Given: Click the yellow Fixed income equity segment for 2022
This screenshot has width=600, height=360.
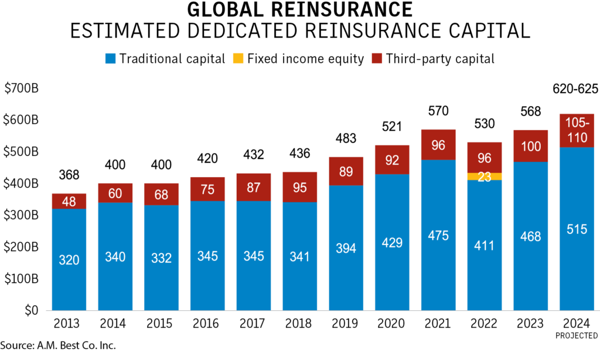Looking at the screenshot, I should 485,176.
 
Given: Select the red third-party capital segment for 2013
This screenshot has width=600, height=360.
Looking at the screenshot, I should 69,201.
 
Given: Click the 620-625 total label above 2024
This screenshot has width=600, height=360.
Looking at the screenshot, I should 577,89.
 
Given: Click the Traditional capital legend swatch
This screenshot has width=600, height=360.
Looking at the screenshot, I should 111,59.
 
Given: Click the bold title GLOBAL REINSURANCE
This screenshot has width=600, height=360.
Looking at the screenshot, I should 299,11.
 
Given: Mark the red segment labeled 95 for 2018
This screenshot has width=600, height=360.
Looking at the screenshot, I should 300,188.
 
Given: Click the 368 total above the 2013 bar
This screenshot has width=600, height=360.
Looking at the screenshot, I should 69,175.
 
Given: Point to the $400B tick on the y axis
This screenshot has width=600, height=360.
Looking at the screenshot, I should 22,184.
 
